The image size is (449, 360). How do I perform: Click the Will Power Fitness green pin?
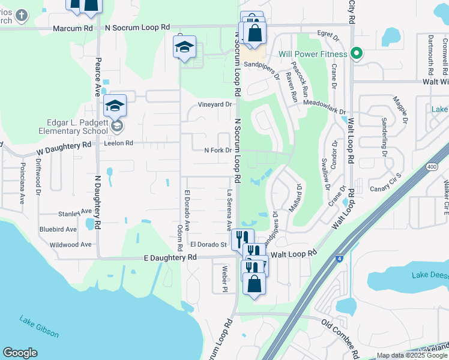[x=356, y=53]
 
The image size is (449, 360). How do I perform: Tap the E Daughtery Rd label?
[x=170, y=257]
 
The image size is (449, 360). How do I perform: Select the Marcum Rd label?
[x=73, y=28]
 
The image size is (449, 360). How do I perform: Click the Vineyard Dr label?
[x=215, y=104]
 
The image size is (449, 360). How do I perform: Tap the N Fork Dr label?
[x=217, y=150]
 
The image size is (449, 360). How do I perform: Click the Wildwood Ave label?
[x=71, y=245]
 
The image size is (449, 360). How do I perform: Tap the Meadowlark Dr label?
[x=325, y=107]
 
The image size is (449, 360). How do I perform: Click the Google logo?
[x=20, y=353]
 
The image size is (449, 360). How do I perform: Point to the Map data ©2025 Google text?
[x=411, y=355]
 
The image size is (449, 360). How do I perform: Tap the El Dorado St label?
[x=208, y=244]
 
